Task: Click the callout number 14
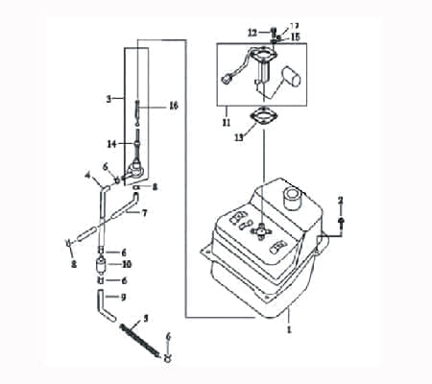coord(111,144)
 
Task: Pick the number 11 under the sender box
coord(227,124)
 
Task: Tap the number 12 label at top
coord(251,33)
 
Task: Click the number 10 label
coord(127,263)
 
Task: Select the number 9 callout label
coord(123,297)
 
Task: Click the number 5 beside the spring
coord(145,317)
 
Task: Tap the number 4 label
coord(85,176)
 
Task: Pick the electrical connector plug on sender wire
coord(228,80)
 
